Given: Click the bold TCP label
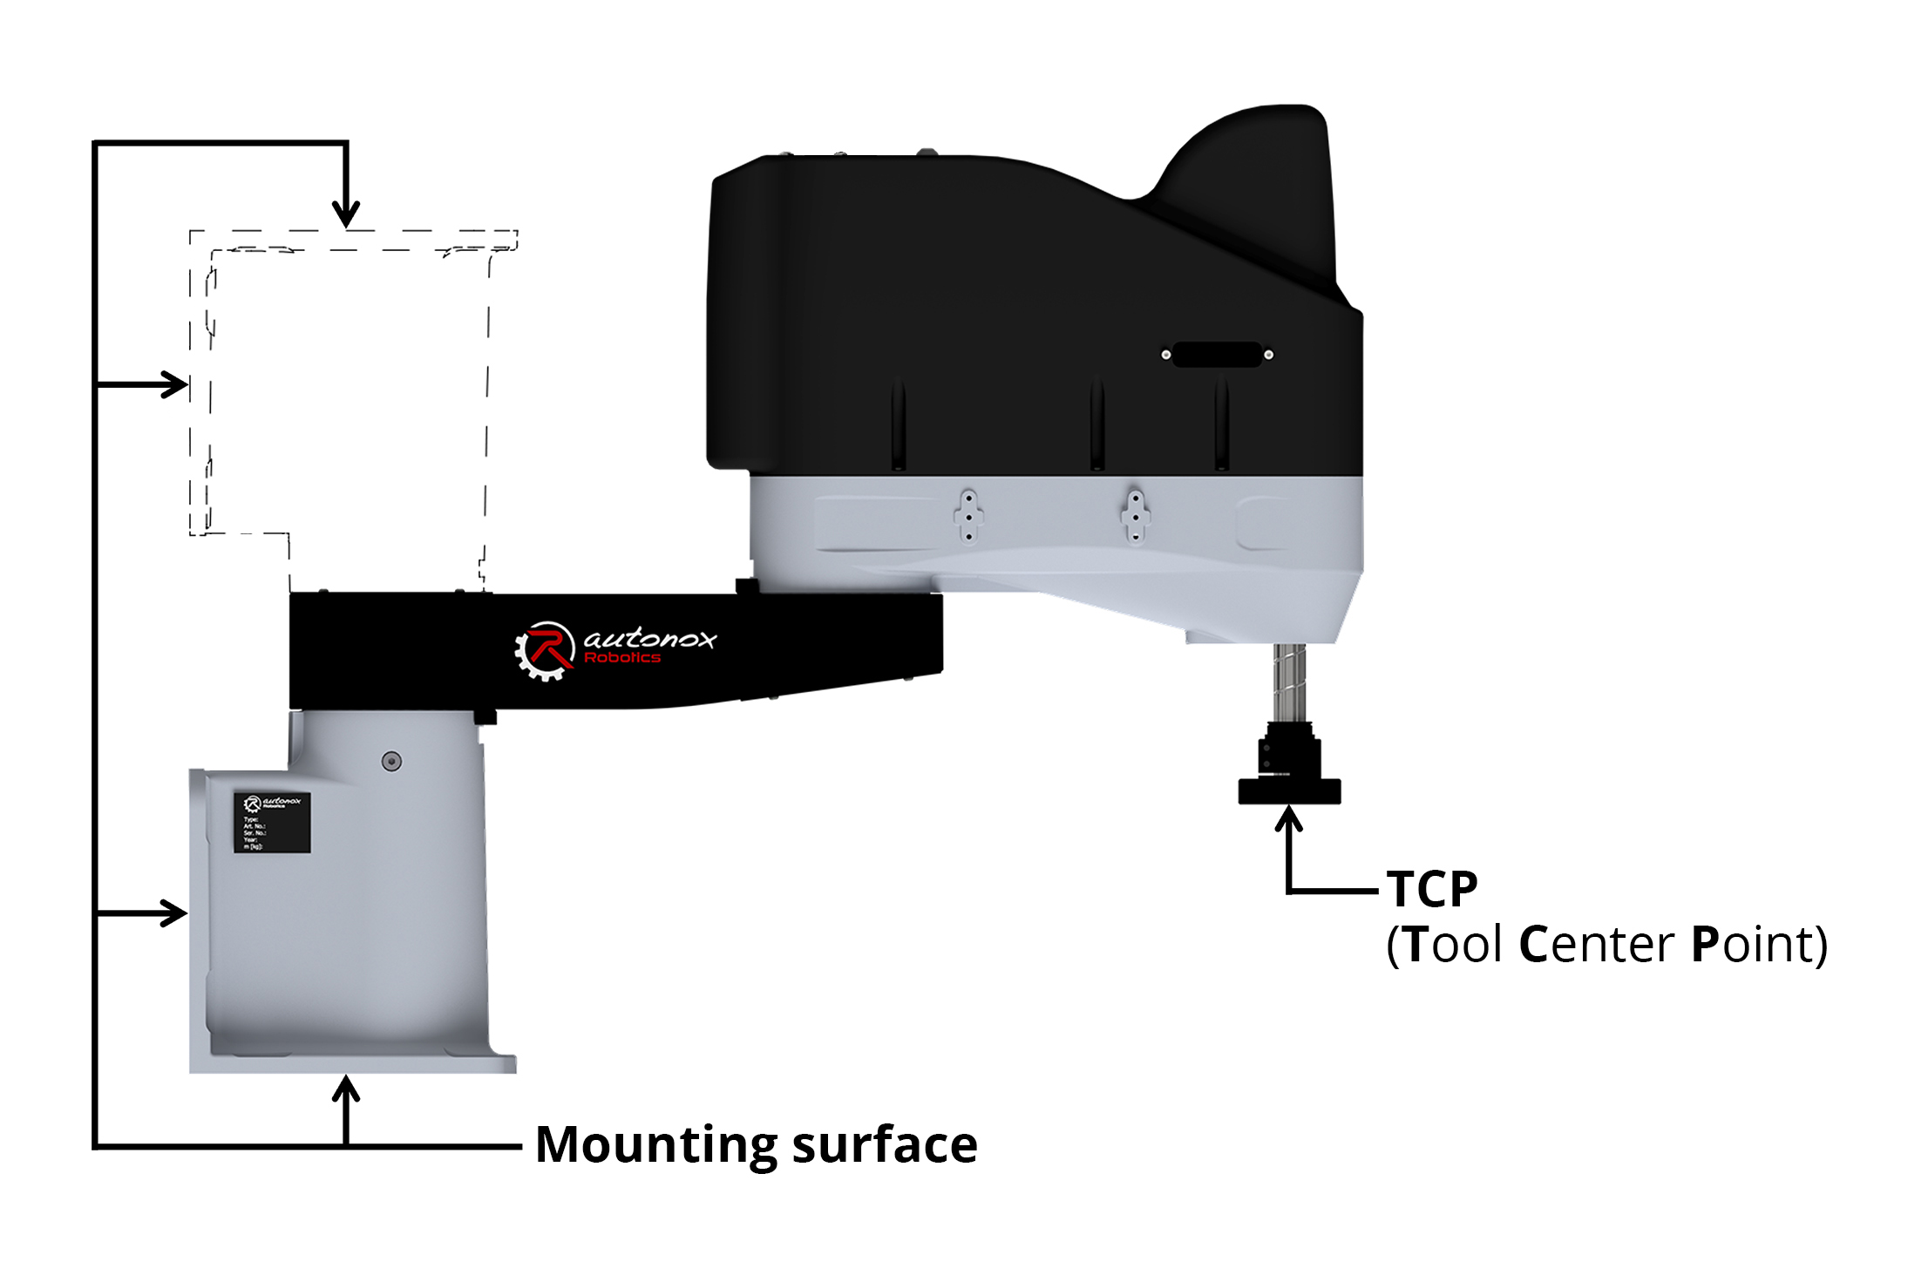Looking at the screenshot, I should [1431, 890].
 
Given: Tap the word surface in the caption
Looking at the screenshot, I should [885, 1145].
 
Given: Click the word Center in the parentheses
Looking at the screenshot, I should [1596, 944].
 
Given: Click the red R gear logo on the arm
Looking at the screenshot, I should [545, 650].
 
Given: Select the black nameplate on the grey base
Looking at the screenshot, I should [272, 822].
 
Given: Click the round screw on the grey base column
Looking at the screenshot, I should [392, 762].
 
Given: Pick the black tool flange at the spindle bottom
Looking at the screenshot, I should [1289, 790].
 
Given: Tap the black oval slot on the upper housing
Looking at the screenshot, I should [1218, 355].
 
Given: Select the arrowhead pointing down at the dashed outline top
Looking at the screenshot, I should [346, 214].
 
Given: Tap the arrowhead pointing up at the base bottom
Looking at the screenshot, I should [346, 1089].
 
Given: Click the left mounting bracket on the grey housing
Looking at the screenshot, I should [968, 516].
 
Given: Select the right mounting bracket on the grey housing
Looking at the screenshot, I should [1135, 516].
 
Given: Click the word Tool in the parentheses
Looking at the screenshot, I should [1454, 944].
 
